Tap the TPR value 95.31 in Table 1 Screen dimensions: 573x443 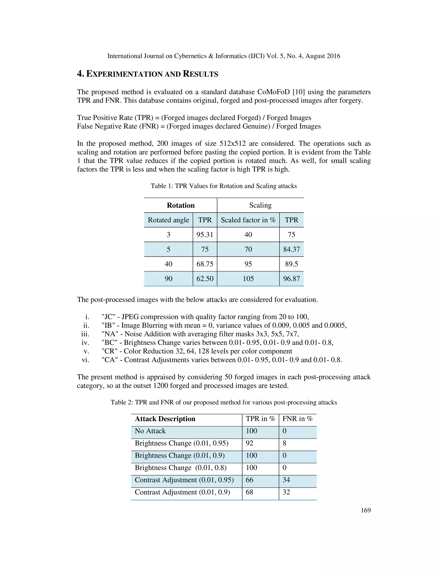point(205,235)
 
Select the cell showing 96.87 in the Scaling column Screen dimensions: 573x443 point(291,279)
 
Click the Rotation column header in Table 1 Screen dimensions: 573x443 point(181,205)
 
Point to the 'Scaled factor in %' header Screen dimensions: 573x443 point(248,220)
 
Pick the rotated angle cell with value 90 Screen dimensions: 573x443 point(168,279)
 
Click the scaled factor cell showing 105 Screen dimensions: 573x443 point(248,279)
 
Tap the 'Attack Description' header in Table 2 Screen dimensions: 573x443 point(165,419)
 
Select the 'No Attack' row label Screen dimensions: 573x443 point(150,431)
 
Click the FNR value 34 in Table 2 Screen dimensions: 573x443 point(286,480)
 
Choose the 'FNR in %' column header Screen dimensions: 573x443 point(297,419)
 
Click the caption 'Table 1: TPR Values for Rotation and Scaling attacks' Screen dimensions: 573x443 point(224,186)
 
